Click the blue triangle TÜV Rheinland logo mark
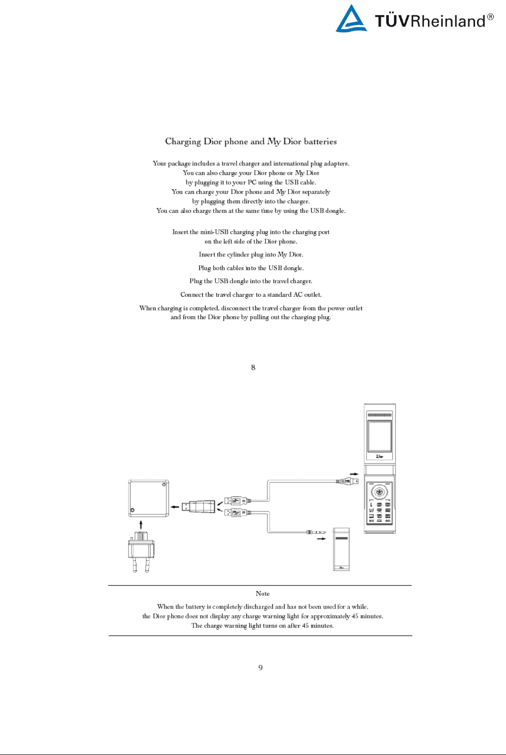pos(351,20)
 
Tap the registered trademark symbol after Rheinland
pos(490,17)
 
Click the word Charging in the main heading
pos(183,141)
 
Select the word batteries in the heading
pos(320,141)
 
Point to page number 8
pos(253,367)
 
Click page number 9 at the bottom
pos(260,668)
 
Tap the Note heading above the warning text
pos(263,593)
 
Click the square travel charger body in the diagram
pos(148,499)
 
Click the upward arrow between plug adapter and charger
pos(141,525)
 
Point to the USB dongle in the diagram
pos(199,506)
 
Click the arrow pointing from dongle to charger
pos(175,507)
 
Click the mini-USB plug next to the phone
pos(347,481)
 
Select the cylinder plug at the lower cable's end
pos(316,532)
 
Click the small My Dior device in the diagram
pos(342,549)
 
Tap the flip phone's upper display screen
pos(379,436)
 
